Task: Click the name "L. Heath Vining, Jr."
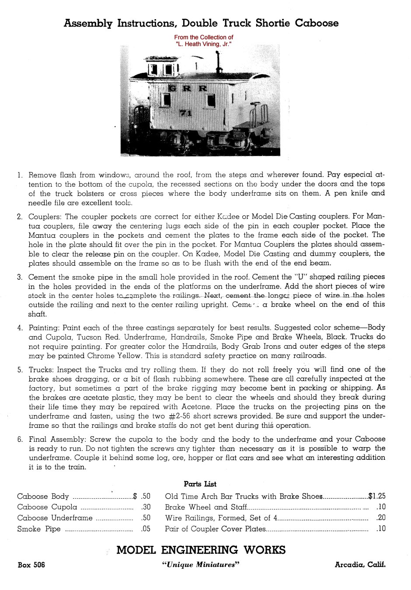pyautogui.click(x=203, y=44)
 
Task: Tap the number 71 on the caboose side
pyautogui.click(x=185, y=113)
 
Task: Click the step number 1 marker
pyautogui.click(x=20, y=175)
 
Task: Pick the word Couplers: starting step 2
pyautogui.click(x=45, y=216)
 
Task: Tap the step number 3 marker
pyautogui.click(x=20, y=277)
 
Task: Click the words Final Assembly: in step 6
pyautogui.click(x=57, y=439)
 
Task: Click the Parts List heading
pyautogui.click(x=200, y=484)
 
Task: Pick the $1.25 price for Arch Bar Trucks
pyautogui.click(x=377, y=496)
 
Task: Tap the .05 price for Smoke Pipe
pyautogui.click(x=146, y=529)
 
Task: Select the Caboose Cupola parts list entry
pyautogui.click(x=47, y=507)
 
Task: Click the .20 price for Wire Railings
pyautogui.click(x=381, y=518)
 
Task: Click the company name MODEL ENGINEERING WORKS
pyautogui.click(x=201, y=550)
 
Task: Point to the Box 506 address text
pyautogui.click(x=31, y=565)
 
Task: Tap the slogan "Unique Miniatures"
pyautogui.click(x=201, y=565)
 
